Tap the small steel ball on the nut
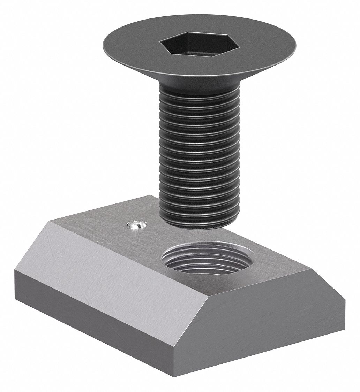135,225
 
